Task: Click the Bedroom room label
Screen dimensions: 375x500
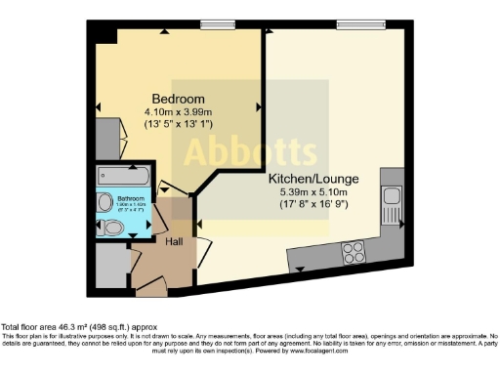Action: [177, 100]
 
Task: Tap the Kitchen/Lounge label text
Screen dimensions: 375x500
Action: [314, 180]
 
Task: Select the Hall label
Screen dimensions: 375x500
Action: [174, 241]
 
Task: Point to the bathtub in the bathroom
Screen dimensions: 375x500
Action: [123, 177]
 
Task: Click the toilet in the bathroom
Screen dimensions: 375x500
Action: [113, 228]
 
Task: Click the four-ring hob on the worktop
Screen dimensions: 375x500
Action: [353, 252]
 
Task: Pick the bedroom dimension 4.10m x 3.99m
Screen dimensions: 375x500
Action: [177, 113]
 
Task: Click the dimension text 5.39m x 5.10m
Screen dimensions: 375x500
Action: [314, 193]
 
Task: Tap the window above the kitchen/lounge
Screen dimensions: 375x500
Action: [351, 24]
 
